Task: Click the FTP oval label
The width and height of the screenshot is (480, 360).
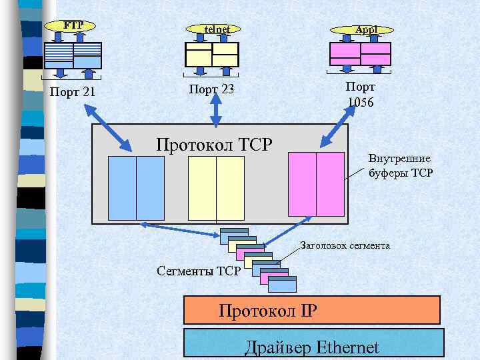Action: coord(73,26)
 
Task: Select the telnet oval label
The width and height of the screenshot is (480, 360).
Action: coord(217,29)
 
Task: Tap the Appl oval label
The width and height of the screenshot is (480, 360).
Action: coord(365,30)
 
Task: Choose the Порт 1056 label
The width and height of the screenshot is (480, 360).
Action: coord(360,95)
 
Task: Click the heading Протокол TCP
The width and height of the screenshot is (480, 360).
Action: coord(214,144)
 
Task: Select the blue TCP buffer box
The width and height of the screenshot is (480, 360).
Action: coord(136,188)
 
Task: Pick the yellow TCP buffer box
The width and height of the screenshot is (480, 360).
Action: coord(216,188)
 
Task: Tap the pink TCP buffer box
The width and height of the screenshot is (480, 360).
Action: coord(316,184)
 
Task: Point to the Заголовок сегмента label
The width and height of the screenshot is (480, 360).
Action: coord(345,245)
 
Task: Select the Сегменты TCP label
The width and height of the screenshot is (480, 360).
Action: coord(198,271)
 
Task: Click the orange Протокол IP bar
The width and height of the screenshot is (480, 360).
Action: coord(311,311)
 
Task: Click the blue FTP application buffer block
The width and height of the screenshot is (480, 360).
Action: coord(73,56)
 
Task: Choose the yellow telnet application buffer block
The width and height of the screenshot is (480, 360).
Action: coord(212,55)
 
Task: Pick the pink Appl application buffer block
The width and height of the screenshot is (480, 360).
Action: coord(360,54)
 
